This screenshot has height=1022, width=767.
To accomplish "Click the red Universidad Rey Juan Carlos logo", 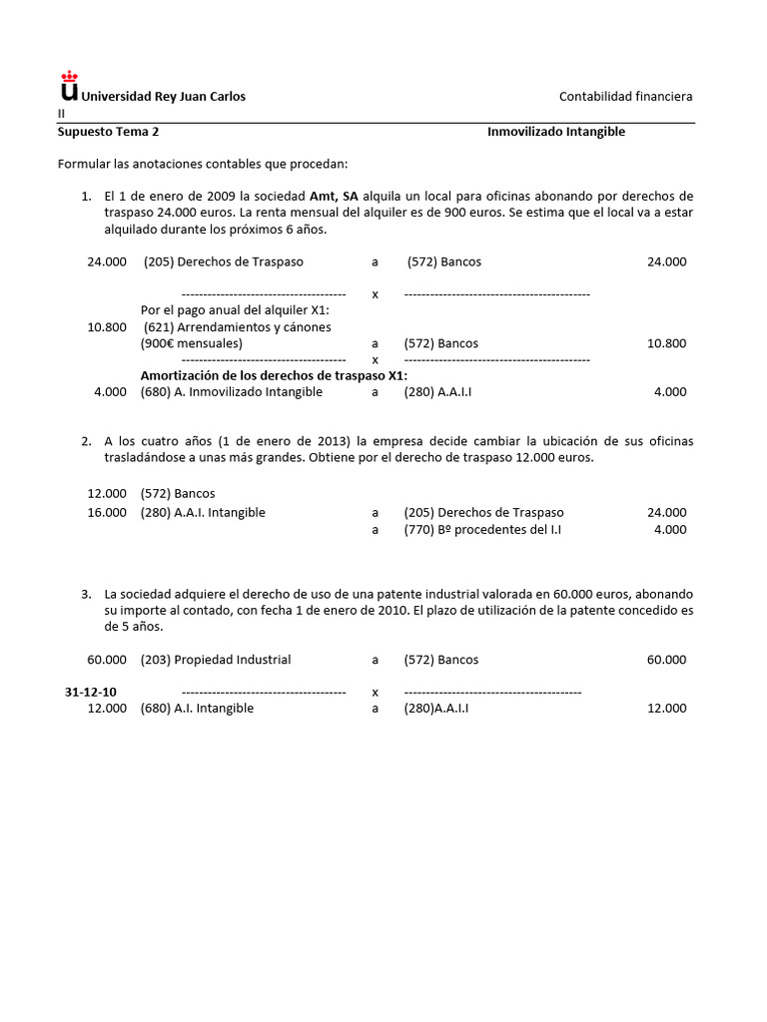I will pyautogui.click(x=68, y=85).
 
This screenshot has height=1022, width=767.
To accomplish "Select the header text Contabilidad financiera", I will pyautogui.click(x=625, y=96).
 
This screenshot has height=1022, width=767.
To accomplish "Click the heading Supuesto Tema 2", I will pyautogui.click(x=108, y=132).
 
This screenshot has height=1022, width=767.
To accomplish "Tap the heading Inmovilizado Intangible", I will pyautogui.click(x=556, y=132).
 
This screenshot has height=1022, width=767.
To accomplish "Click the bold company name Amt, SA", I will pyautogui.click(x=334, y=196).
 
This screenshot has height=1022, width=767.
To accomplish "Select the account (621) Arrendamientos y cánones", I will pyautogui.click(x=238, y=326).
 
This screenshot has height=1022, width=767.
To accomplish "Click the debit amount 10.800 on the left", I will pyautogui.click(x=108, y=326).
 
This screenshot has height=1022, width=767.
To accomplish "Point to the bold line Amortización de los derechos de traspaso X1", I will pyautogui.click(x=274, y=375).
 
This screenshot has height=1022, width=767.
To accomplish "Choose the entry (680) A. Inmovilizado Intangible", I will pyautogui.click(x=232, y=392).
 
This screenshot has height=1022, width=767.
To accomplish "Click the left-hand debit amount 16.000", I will pyautogui.click(x=108, y=512).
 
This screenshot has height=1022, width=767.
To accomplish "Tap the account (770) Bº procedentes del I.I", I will pyautogui.click(x=482, y=530).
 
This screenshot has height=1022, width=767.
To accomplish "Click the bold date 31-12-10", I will pyautogui.click(x=91, y=692).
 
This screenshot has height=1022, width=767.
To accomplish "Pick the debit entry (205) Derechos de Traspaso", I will pyautogui.click(x=223, y=261).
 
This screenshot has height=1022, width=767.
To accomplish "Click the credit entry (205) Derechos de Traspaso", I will pyautogui.click(x=484, y=512).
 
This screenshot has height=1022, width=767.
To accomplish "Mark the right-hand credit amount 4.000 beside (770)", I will pyautogui.click(x=670, y=530).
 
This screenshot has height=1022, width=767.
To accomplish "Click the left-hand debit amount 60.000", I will pyautogui.click(x=108, y=660).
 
